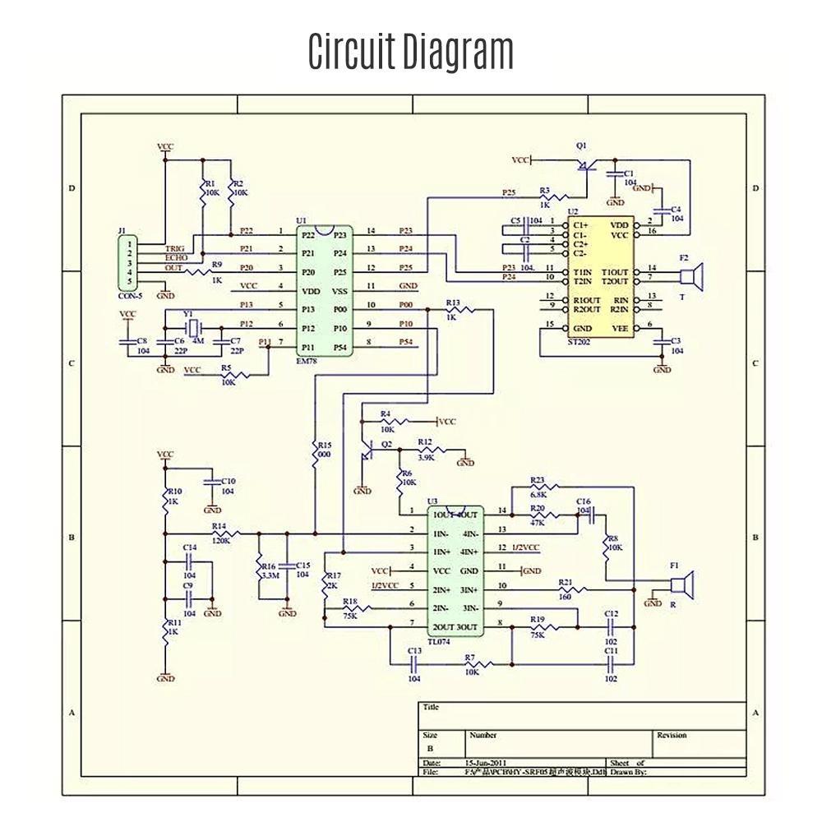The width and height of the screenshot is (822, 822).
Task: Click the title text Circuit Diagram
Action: (411, 51)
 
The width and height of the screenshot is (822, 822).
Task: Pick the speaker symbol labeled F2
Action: (695, 277)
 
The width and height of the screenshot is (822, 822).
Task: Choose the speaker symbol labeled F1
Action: (681, 584)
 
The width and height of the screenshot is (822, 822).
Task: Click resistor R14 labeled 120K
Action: (224, 534)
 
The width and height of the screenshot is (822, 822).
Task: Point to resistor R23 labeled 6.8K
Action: (542, 487)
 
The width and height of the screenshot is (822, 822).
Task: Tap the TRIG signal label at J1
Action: (175, 247)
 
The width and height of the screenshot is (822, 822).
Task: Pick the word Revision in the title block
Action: (672, 735)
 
